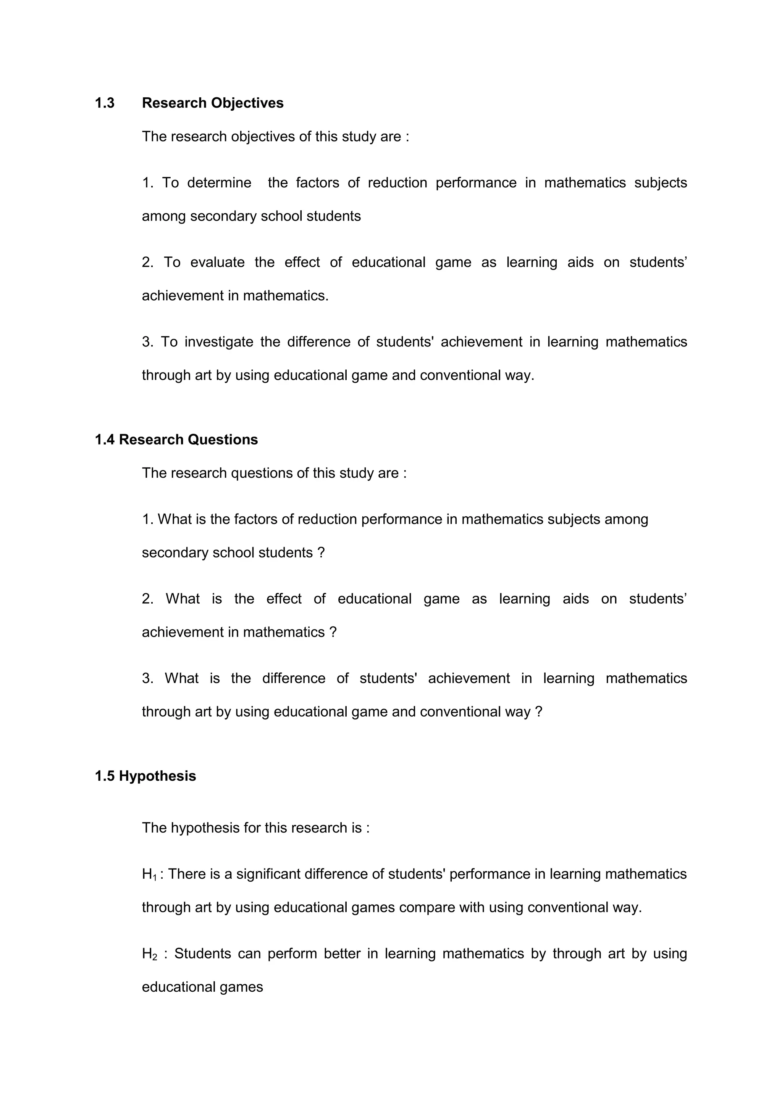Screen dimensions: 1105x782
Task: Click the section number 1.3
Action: point(105,103)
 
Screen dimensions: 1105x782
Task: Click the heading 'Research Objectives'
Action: point(212,103)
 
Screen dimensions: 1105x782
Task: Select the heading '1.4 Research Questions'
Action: point(176,440)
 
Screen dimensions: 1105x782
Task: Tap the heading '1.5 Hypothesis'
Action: point(145,776)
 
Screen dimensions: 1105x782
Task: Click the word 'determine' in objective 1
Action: point(219,183)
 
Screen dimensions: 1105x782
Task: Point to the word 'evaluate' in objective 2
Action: point(217,262)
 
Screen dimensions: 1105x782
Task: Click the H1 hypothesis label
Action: point(149,875)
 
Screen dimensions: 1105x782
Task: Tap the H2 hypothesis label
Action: point(149,954)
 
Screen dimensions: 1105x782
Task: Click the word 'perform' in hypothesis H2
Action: point(292,954)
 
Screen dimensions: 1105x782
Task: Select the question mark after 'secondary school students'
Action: point(321,553)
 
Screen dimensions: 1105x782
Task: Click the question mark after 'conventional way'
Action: point(539,711)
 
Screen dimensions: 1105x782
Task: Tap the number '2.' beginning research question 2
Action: point(147,599)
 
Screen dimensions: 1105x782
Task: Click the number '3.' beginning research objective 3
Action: point(147,342)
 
